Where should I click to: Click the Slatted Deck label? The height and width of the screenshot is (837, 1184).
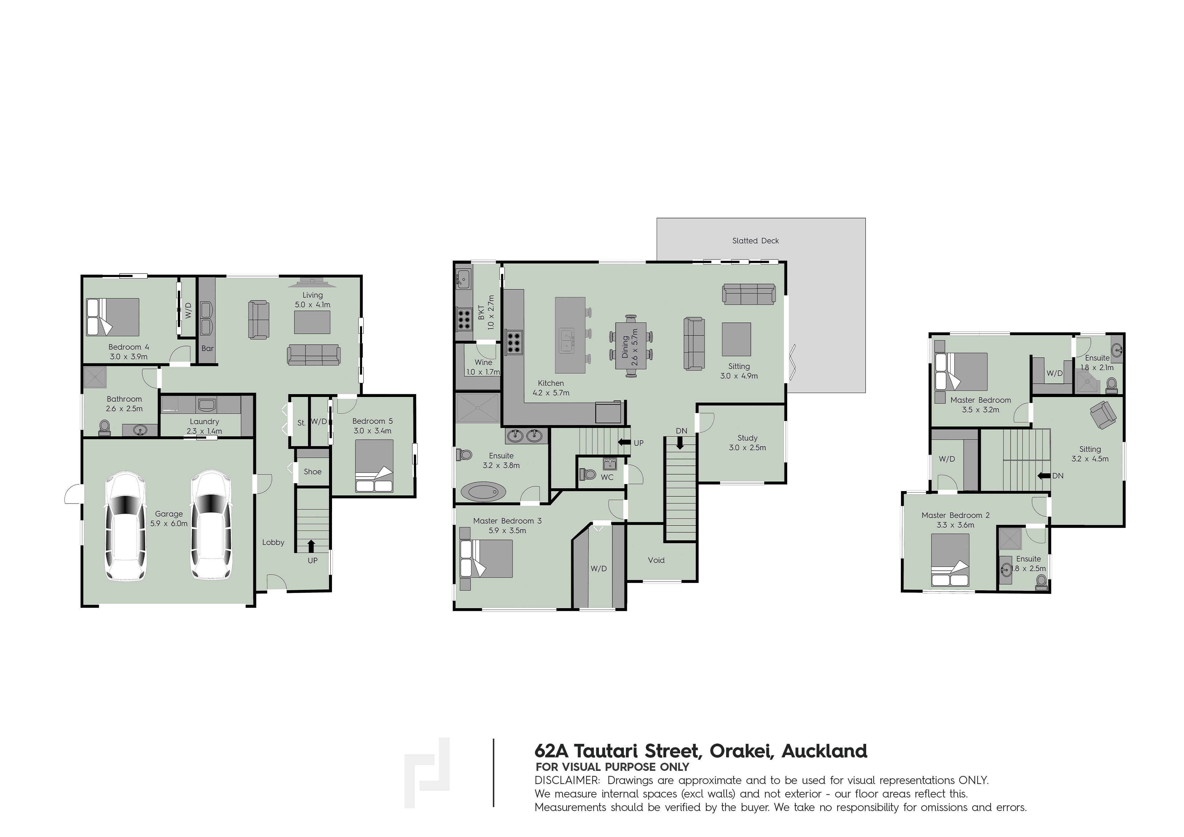click(755, 241)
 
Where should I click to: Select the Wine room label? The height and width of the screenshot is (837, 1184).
click(483, 362)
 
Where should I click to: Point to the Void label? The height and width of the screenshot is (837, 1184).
click(656, 560)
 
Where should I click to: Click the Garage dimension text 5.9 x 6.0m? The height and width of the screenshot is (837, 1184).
click(169, 523)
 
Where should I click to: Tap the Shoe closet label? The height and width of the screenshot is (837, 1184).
click(312, 471)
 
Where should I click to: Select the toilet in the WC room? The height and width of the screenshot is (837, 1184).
click(587, 474)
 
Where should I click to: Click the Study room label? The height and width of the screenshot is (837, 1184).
click(747, 438)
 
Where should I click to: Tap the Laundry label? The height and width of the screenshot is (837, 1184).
click(204, 421)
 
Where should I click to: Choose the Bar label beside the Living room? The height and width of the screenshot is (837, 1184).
click(207, 348)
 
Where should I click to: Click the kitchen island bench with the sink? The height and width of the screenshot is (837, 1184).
click(570, 335)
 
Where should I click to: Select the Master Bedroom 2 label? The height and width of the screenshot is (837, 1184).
click(956, 515)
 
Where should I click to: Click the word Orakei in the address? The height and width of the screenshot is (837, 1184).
click(741, 751)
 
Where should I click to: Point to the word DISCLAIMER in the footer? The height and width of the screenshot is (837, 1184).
click(567, 780)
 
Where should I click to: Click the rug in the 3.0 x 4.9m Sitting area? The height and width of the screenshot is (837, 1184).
click(736, 339)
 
